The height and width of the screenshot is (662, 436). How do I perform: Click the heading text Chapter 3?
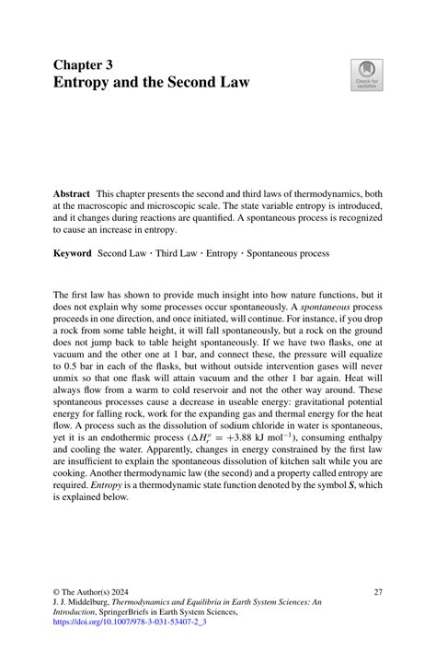tap(83, 66)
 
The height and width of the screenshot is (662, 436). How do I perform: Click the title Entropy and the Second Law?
tap(151, 83)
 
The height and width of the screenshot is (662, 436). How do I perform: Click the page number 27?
tap(379, 591)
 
